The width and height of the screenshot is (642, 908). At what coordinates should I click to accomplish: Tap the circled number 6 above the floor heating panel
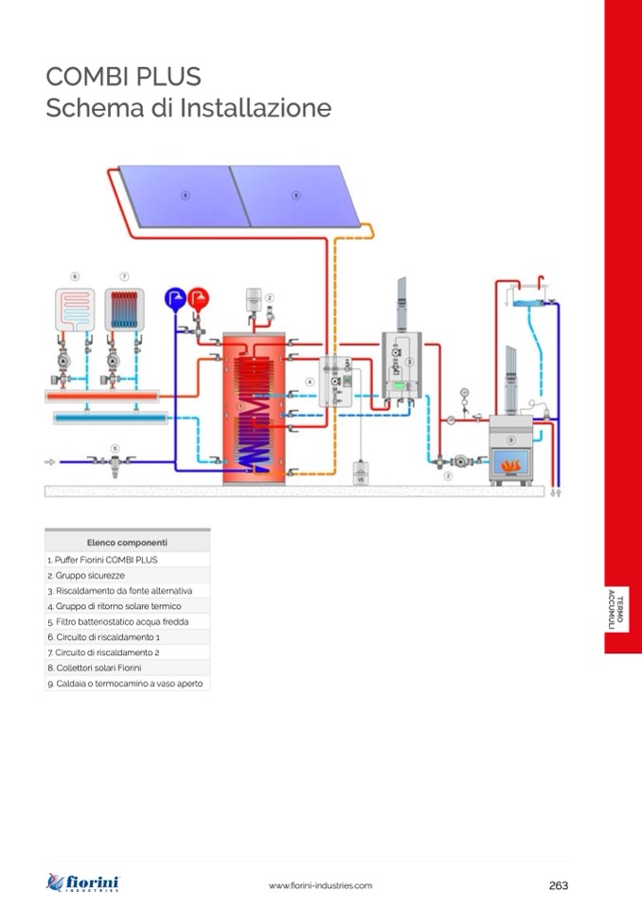[x=74, y=276]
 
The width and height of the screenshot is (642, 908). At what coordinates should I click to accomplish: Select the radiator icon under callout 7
[x=124, y=310]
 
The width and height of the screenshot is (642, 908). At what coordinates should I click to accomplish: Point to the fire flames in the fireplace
[x=512, y=465]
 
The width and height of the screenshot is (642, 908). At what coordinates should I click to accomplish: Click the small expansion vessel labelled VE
[x=360, y=473]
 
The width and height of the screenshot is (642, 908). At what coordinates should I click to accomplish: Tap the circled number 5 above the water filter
[x=115, y=448]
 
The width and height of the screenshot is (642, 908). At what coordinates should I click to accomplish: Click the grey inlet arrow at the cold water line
[x=50, y=462]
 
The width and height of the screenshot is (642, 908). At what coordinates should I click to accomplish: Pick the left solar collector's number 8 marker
[x=186, y=195]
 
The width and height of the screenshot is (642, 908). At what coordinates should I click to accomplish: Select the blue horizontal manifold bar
[x=110, y=417]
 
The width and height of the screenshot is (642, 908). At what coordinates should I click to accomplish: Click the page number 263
[x=559, y=885]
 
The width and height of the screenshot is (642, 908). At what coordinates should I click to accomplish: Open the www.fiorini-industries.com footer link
[x=320, y=885]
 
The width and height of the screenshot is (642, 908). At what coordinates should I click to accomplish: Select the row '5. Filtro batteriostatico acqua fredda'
[x=127, y=622]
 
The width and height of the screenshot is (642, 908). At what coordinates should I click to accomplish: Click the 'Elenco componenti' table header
[x=127, y=543]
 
